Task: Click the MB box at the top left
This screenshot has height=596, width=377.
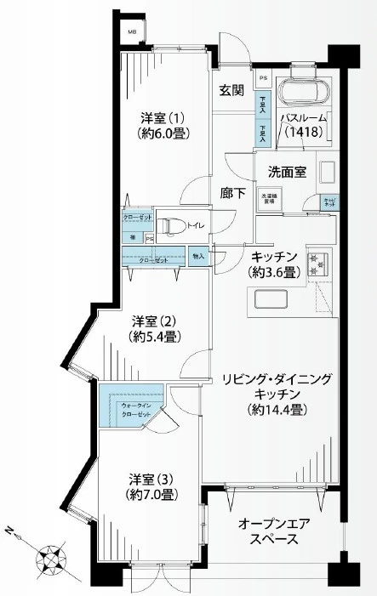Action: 132,32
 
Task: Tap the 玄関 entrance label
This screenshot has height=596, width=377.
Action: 231,91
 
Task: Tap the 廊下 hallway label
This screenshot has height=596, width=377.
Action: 233,193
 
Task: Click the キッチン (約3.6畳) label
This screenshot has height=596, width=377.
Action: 272,264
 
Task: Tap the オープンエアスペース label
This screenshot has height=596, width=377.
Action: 271,531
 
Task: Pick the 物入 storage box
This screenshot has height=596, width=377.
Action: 197,255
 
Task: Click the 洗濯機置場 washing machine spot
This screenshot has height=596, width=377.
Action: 268,202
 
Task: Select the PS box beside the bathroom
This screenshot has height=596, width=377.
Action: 264,78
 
